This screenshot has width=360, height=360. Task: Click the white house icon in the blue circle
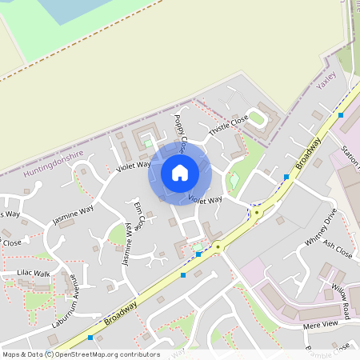point(179,172)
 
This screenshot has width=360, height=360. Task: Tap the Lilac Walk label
point(34,274)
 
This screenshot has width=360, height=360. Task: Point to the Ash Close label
point(338,250)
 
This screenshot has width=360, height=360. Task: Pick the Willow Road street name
point(341,299)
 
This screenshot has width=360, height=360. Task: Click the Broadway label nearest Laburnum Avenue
point(120,313)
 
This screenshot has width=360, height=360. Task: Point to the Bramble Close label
point(330,350)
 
